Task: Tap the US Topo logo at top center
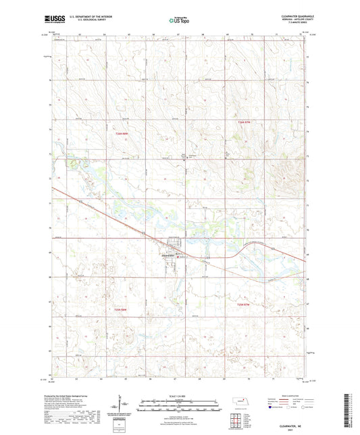(179, 21)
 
